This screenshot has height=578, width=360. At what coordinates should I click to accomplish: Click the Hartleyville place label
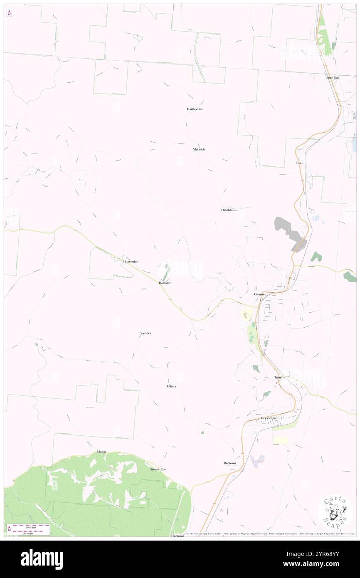pyautogui.click(x=195, y=109)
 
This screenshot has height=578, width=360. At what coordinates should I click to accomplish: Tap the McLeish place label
pyautogui.click(x=199, y=149)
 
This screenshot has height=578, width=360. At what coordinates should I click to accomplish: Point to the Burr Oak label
pyautogui.click(x=333, y=77)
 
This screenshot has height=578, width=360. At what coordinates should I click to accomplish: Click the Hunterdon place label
pyautogui.click(x=131, y=262)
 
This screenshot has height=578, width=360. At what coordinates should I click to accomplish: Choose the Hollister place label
pyautogui.click(x=165, y=283)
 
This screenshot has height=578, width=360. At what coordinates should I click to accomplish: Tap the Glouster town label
pyautogui.click(x=260, y=294)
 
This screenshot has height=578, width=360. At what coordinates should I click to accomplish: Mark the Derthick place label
pyautogui.click(x=145, y=333)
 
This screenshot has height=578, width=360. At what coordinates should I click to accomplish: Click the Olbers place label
pyautogui.click(x=171, y=386)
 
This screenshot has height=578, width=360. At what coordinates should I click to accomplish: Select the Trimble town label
pyautogui.click(x=279, y=378)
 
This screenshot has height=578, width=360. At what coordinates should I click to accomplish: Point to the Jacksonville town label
pyautogui.click(x=269, y=418)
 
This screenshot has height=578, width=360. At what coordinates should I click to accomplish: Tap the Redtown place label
pyautogui.click(x=229, y=463)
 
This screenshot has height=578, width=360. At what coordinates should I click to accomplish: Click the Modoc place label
pyautogui.click(x=101, y=452)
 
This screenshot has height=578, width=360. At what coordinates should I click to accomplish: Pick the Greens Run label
pyautogui.click(x=158, y=469)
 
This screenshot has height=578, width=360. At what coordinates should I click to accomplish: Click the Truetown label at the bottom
pyautogui.click(x=177, y=536)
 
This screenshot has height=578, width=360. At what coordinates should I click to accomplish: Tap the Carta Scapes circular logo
pyautogui.click(x=335, y=511)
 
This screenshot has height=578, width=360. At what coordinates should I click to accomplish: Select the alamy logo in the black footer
pyautogui.click(x=42, y=559)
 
